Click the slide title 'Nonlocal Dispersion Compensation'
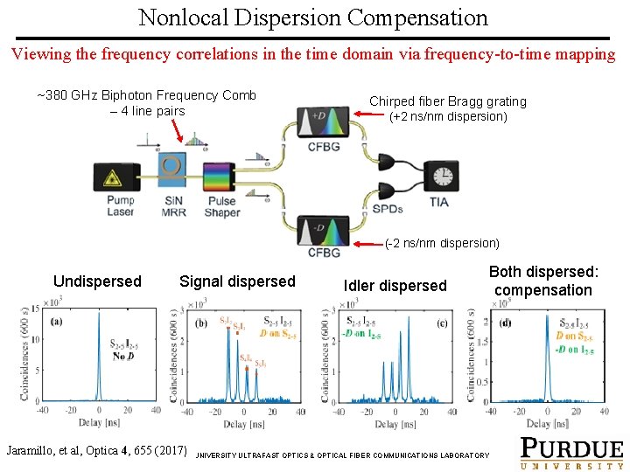tap(313, 17)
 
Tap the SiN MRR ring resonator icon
tap(173, 171)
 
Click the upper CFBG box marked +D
tap(323, 121)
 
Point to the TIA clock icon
tap(442, 176)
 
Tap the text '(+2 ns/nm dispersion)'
tap(447, 116)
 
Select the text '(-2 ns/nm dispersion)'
tap(442, 243)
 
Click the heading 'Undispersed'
tap(97, 281)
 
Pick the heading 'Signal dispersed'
tap(237, 281)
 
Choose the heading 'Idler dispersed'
tap(395, 285)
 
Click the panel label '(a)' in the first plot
tap(56, 321)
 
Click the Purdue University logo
tap(572, 453)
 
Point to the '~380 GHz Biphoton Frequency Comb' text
tap(147, 95)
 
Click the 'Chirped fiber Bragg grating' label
tap(448, 101)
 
